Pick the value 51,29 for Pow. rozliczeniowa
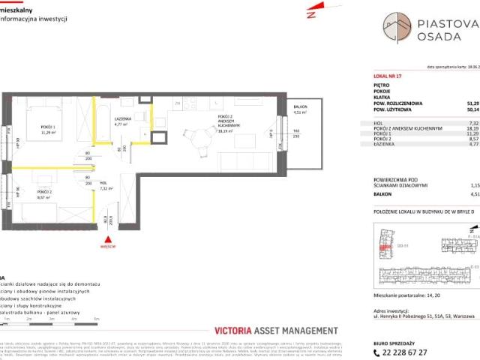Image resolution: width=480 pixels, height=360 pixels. click(472, 103)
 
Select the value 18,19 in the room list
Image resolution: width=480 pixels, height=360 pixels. click(472, 128)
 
